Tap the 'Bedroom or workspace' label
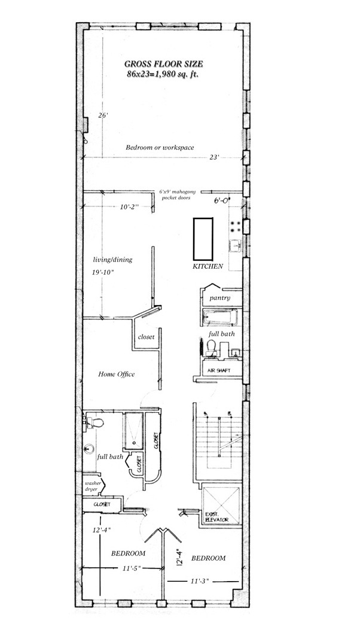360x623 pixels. click(160, 147)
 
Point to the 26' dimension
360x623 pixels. click(103, 116)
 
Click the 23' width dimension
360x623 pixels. click(214, 159)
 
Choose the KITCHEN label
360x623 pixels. click(208, 266)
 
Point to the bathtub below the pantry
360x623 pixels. click(219, 318)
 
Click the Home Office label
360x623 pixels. click(116, 375)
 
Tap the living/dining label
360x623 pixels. click(112, 260)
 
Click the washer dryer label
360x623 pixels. click(93, 487)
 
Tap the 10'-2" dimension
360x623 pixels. click(129, 207)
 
